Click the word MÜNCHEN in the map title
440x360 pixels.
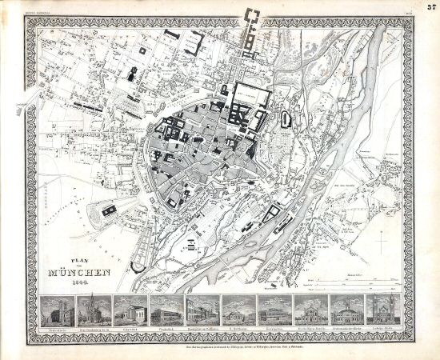click(x=78, y=270)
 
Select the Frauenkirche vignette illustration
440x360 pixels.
click(x=58, y=309)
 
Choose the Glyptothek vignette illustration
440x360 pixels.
click(x=129, y=309)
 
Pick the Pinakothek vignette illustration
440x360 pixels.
click(x=165, y=309)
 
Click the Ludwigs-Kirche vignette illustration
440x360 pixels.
click(x=381, y=309)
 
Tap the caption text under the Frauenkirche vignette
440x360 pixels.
click(x=58, y=326)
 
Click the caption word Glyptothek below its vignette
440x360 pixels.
click(x=129, y=326)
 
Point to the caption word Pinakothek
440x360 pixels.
click(x=165, y=326)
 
